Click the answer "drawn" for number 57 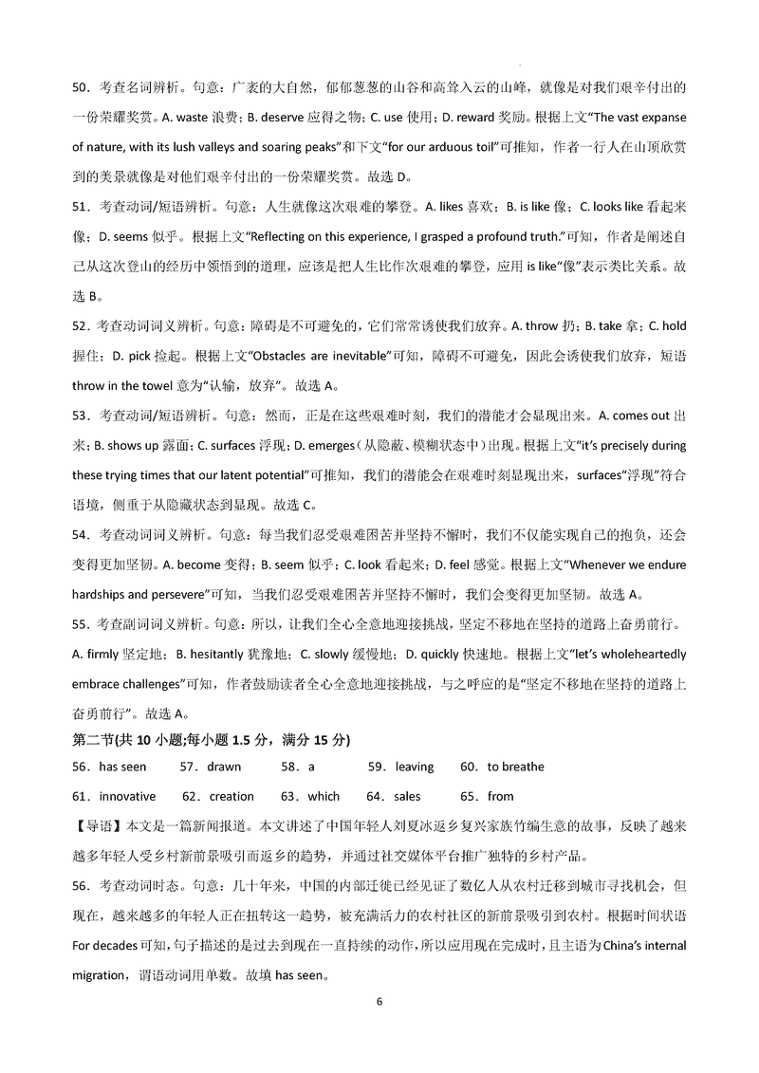coord(224,767)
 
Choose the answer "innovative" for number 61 coord(127,796)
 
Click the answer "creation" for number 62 coord(231,796)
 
